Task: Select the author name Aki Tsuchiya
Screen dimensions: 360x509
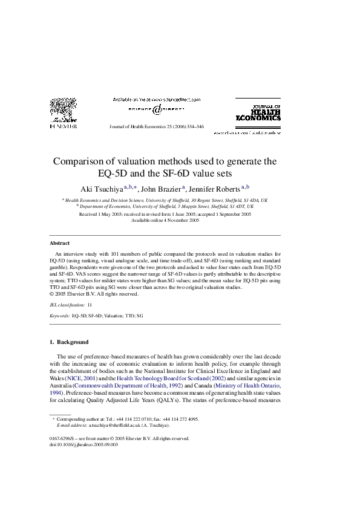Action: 102,188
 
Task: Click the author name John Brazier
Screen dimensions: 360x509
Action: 160,188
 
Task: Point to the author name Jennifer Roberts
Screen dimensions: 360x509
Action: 214,188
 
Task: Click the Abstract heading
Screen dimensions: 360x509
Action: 59,243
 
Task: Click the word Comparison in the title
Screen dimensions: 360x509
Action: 82,162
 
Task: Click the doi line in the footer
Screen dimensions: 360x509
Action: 83,444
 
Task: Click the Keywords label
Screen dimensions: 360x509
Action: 59,316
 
